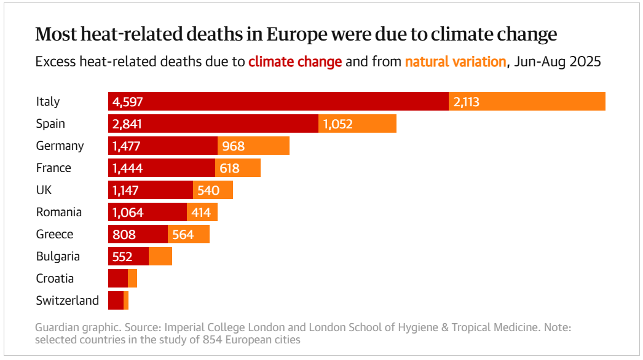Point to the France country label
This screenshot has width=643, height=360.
tap(53, 168)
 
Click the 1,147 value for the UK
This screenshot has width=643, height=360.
tap(128, 190)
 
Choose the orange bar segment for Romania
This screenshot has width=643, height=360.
tap(202, 212)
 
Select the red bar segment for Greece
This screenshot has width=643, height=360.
tap(138, 234)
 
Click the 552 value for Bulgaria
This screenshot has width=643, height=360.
tap(122, 256)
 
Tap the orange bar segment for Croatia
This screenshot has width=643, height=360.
tap(132, 278)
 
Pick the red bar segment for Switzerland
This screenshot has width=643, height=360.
tap(116, 300)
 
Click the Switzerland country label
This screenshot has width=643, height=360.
tap(67, 300)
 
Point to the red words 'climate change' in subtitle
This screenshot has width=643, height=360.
tap(295, 62)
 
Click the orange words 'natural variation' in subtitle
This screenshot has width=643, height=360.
tap(456, 62)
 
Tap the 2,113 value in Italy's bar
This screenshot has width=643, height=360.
tap(466, 102)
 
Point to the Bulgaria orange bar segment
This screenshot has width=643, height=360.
tap(160, 256)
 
